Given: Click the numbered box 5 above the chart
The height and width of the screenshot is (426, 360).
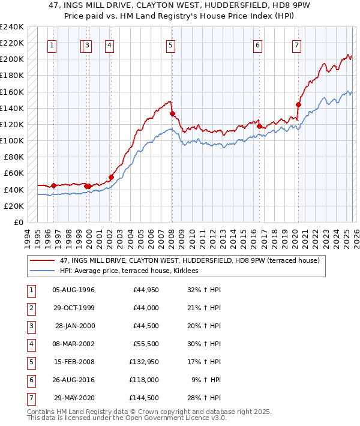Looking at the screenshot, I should tap(171, 44).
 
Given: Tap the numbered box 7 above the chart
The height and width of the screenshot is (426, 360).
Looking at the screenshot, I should tap(297, 44).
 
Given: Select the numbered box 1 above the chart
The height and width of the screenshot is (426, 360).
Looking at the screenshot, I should tap(53, 44).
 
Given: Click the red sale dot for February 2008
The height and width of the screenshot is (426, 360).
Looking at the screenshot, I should tap(172, 113).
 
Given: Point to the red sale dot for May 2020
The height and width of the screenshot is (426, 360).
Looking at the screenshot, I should tap(298, 104).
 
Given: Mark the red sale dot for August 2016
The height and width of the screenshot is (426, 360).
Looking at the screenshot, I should tap(259, 126).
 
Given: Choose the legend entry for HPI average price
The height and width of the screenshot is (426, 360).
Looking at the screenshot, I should tap(133, 271).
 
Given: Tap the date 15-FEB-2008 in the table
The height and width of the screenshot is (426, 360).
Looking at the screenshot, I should tap(73, 362).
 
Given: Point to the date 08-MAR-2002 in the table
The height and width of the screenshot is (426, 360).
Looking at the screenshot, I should tap(73, 344).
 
